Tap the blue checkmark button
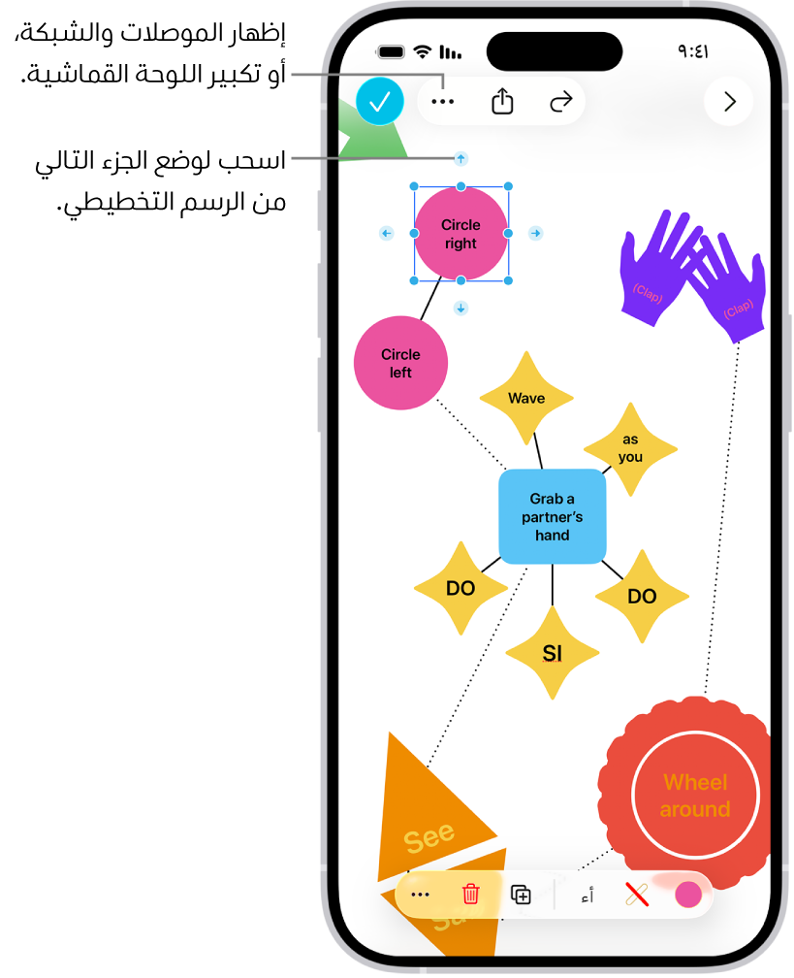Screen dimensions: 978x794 point(379,101)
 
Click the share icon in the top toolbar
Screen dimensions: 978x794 point(502,101)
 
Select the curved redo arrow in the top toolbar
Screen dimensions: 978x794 point(560,101)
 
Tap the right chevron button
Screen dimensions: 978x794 point(729,101)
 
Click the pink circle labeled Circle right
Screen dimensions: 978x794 point(461,234)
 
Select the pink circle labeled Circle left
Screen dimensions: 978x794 point(400,363)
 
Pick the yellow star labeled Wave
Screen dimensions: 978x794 point(526,398)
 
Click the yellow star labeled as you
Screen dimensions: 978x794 point(630,448)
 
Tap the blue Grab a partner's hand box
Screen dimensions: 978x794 point(553,516)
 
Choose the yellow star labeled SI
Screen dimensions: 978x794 point(553,653)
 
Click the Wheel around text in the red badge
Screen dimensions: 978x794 point(695,796)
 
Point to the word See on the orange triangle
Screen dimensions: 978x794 point(429,836)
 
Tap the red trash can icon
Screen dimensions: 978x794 point(470,894)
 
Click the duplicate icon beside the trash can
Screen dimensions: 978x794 point(521,895)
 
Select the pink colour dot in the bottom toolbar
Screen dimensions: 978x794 point(687,895)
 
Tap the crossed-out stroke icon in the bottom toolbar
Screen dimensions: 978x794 point(637,895)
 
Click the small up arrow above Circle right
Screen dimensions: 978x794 point(461,158)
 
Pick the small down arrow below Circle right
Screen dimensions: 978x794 point(461,308)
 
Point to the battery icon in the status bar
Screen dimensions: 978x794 point(391,51)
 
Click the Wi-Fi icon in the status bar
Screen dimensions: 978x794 point(422,51)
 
